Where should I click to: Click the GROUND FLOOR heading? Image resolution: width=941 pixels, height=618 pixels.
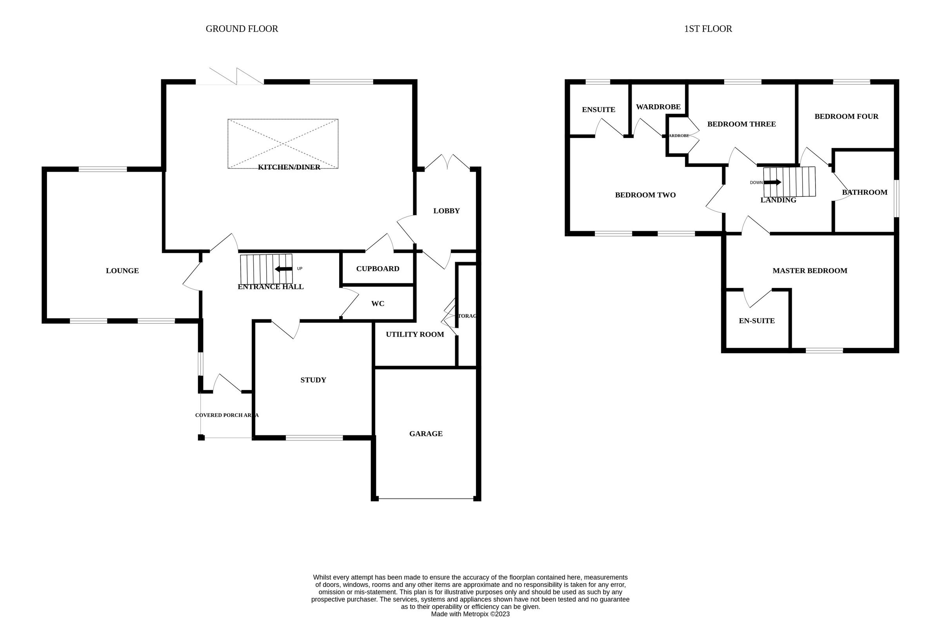coord(242,29)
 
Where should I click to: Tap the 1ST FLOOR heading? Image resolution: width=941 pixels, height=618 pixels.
coord(708,29)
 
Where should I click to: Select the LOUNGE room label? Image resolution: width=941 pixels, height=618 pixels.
coord(122,271)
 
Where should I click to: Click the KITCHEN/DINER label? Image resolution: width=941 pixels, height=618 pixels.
coord(289,167)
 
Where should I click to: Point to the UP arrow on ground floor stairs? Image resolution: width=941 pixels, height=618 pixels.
coord(283,269)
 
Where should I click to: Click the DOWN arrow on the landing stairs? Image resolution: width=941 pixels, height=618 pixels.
coord(772,182)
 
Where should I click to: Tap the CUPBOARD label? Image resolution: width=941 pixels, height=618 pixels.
coord(378,269)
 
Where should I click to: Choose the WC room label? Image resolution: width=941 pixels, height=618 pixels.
coord(378,303)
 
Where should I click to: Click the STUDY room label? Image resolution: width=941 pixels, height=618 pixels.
coord(313,380)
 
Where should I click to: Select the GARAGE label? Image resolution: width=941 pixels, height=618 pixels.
coord(426,433)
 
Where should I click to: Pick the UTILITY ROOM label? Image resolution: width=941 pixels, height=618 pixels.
coord(415,334)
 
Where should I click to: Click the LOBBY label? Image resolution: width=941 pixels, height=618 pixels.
coord(446,210)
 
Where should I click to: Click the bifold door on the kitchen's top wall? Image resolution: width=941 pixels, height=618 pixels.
coord(236,78)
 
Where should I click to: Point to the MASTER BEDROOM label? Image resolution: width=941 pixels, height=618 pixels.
coord(810,271)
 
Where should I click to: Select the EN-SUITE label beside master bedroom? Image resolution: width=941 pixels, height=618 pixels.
coord(757,321)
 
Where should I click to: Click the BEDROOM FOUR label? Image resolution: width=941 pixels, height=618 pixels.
coord(846,116)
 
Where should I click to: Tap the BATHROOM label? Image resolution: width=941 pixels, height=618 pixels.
coord(865,192)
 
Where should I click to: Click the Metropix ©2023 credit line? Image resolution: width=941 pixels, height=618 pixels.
coord(470,614)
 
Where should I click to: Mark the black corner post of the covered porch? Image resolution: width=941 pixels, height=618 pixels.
coord(201,437)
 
